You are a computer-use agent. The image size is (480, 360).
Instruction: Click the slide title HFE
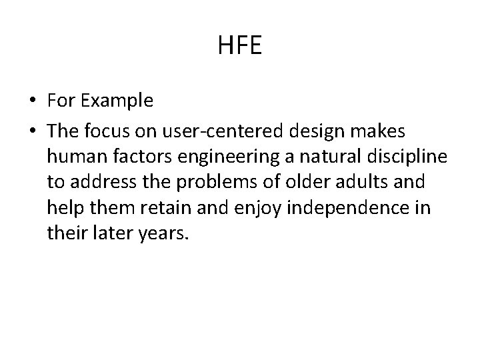pos(240,46)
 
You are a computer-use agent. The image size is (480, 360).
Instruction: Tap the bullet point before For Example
pos(32,101)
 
